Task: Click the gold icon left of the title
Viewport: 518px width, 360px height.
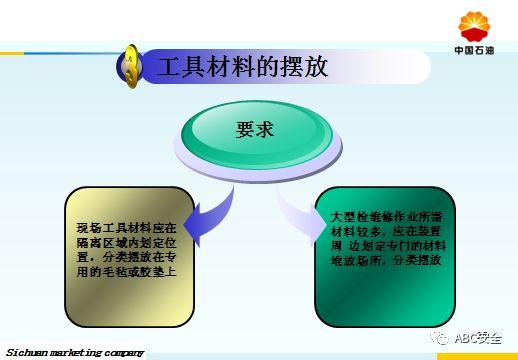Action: [131, 67]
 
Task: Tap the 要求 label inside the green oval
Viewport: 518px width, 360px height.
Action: [254, 130]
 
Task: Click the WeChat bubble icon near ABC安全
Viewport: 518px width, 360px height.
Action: [441, 337]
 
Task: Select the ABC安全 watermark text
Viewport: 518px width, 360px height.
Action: [479, 338]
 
